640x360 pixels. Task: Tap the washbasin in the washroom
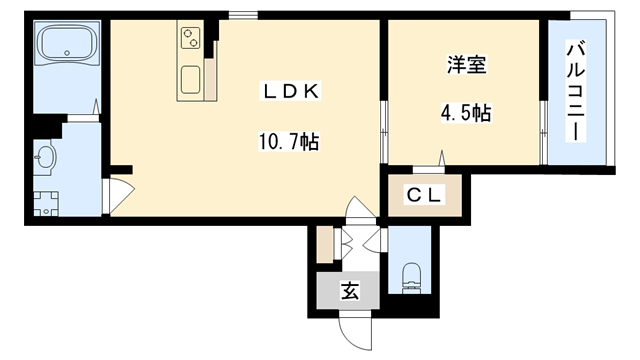[45, 156]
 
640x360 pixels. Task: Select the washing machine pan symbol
[45, 202]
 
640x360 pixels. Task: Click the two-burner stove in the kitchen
[191, 38]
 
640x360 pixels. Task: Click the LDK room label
[290, 92]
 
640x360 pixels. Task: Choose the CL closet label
[423, 196]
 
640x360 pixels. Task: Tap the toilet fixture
[410, 275]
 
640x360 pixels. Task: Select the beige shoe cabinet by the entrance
[324, 246]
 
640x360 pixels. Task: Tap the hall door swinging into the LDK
[356, 211]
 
